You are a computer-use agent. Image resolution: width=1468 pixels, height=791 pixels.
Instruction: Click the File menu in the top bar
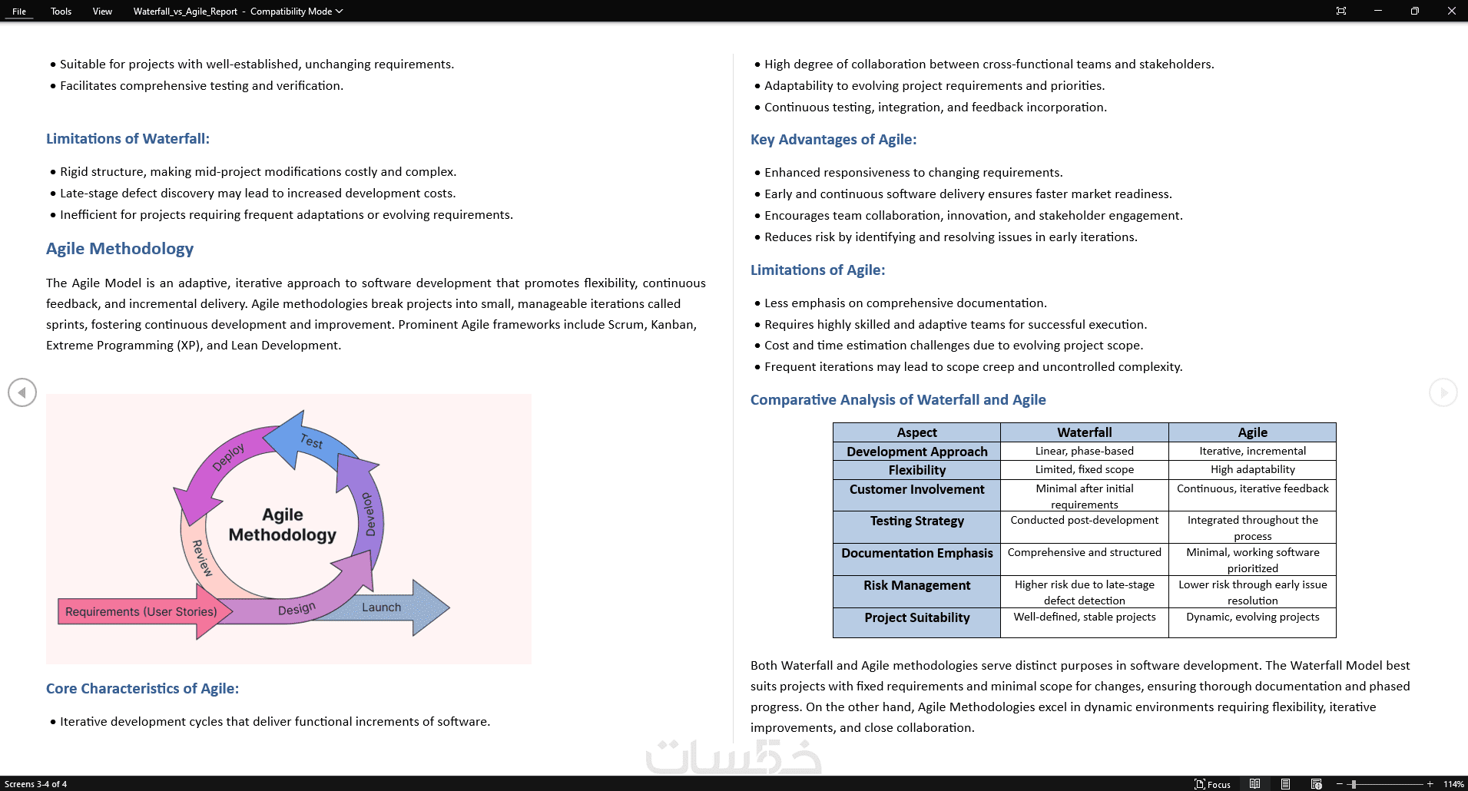pyautogui.click(x=19, y=12)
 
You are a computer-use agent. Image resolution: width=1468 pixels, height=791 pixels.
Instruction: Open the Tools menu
pyautogui.click(x=61, y=12)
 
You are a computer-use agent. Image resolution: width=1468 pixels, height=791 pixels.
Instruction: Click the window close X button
pyautogui.click(x=1451, y=11)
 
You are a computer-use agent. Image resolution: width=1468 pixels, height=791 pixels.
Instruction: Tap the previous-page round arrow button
pyautogui.click(x=22, y=392)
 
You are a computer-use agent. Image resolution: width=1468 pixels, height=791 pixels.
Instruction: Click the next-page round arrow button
pyautogui.click(x=1443, y=392)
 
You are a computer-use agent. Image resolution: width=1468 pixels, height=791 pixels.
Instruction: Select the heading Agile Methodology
pyautogui.click(x=120, y=249)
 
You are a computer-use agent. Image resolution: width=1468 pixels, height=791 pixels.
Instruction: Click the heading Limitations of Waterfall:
pyautogui.click(x=128, y=139)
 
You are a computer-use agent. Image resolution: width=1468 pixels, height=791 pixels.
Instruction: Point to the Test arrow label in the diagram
pyautogui.click(x=311, y=441)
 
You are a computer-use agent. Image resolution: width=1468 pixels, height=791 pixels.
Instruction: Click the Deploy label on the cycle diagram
pyautogui.click(x=228, y=456)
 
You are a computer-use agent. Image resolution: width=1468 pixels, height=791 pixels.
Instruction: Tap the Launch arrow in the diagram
pyautogui.click(x=382, y=607)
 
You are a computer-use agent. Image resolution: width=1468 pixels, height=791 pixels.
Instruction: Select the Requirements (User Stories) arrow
pyautogui.click(x=141, y=612)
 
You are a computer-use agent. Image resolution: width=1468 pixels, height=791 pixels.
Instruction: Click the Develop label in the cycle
pyautogui.click(x=369, y=514)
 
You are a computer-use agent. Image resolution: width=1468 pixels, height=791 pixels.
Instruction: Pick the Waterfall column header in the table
pyautogui.click(x=1084, y=432)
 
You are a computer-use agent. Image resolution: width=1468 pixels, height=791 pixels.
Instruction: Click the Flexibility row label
pyautogui.click(x=916, y=470)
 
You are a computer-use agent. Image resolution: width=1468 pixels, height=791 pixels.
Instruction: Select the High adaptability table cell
pyautogui.click(x=1252, y=470)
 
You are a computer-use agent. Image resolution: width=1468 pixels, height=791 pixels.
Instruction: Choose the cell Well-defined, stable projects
pyautogui.click(x=1084, y=617)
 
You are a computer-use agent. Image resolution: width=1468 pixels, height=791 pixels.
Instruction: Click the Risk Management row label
pyautogui.click(x=916, y=585)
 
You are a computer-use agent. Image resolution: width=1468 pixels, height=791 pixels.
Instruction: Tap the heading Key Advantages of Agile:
pyautogui.click(x=833, y=140)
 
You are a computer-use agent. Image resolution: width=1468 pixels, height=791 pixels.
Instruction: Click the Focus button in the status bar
pyautogui.click(x=1213, y=784)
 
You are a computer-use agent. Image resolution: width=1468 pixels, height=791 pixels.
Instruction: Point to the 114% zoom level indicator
pyautogui.click(x=1453, y=784)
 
